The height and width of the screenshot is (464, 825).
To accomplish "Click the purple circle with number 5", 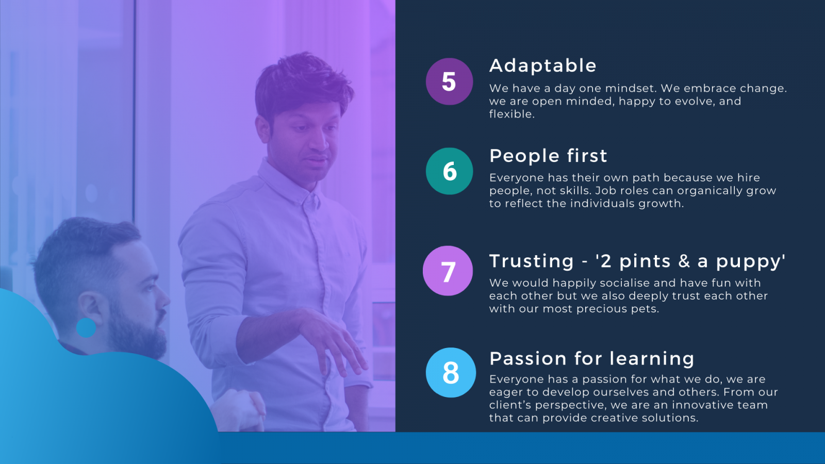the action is click(x=449, y=81).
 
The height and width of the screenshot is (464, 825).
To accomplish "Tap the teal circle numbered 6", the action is click(x=449, y=171).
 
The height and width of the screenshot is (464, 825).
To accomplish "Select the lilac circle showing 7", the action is click(x=448, y=271).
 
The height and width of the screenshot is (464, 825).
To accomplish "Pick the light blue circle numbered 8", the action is click(x=451, y=372).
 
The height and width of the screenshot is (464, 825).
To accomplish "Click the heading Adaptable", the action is click(x=543, y=66).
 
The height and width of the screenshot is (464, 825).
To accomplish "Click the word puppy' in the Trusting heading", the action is click(x=750, y=262).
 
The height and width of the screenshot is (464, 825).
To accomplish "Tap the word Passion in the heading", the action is click(x=528, y=358).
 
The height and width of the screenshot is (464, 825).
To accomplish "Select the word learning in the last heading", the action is click(x=652, y=359).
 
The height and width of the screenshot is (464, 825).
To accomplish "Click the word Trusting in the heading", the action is click(x=532, y=262).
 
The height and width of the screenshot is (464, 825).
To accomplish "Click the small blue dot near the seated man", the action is click(x=86, y=328).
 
